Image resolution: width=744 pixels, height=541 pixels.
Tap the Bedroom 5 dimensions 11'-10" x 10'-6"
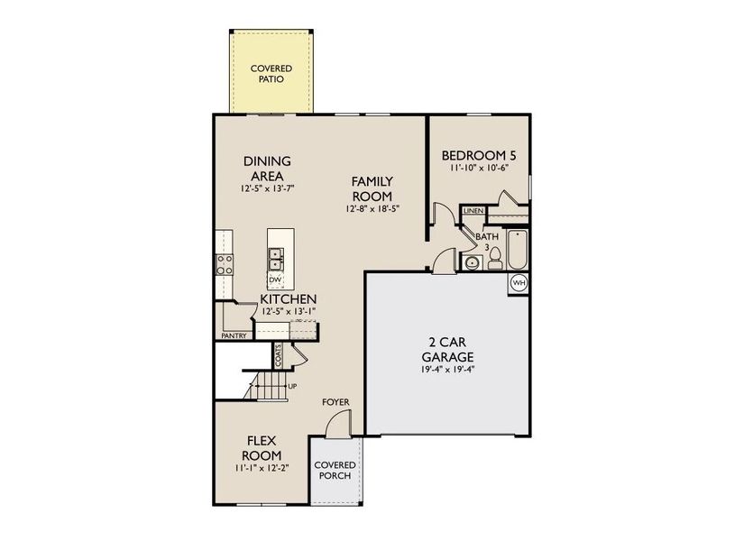[481, 169]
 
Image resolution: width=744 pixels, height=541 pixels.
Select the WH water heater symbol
[519, 283]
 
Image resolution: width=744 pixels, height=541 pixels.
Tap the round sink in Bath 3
[470, 262]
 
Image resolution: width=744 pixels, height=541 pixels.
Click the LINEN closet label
[473, 211]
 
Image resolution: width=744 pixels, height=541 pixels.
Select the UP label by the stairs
[291, 386]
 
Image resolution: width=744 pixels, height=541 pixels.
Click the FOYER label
[335, 402]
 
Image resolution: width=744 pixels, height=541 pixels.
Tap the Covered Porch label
[335, 471]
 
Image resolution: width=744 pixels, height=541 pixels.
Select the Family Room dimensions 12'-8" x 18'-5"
[372, 208]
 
